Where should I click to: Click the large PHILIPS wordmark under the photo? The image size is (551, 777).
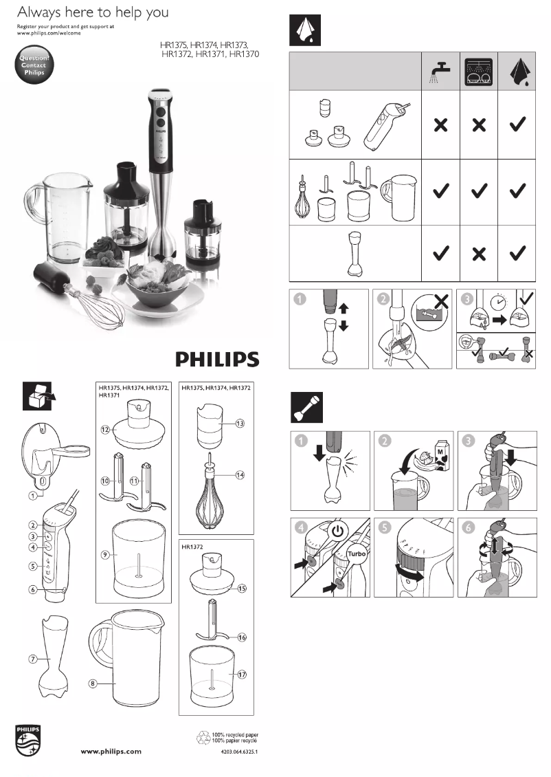click(217, 360)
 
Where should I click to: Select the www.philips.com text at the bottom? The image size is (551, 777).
click(111, 752)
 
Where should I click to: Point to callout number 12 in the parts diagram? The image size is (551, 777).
click(105, 429)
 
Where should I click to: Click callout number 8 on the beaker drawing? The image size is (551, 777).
click(93, 683)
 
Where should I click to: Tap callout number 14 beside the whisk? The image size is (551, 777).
click(240, 475)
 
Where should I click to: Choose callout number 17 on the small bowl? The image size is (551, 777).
click(242, 675)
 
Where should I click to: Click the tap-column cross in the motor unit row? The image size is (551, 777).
click(440, 125)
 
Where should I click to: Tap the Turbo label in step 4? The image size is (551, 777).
click(356, 554)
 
